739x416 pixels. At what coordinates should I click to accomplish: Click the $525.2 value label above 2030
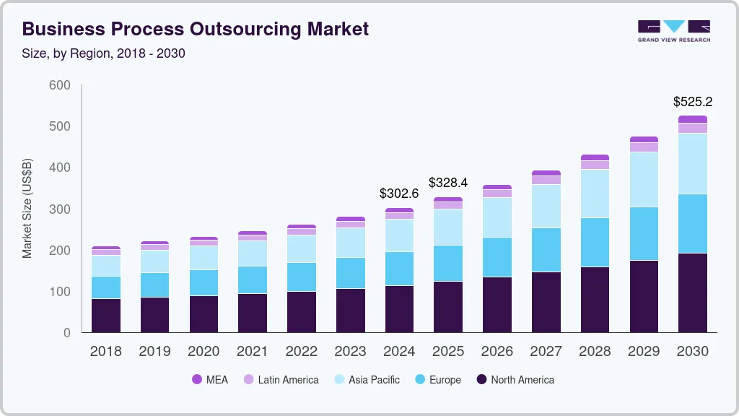coord(692,102)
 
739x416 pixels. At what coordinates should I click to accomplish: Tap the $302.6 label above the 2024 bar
coord(399,194)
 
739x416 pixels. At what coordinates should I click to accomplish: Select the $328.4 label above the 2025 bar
coord(448,183)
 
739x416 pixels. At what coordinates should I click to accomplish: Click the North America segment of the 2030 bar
coord(692,292)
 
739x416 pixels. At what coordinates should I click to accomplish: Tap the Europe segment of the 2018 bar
coord(106,287)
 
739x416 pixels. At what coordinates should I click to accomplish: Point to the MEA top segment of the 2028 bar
coord(595,157)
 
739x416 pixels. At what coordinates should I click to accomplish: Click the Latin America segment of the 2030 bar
coord(692,128)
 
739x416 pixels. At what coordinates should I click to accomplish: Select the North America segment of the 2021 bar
coord(253,313)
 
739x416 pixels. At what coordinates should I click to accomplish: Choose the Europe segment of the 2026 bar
coord(497,256)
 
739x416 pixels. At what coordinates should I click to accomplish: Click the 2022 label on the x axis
coord(301,352)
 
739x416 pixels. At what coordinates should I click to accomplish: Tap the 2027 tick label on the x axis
coord(546,352)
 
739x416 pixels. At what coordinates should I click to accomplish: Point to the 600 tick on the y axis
coord(60,85)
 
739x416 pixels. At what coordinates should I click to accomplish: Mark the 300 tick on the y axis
coord(60,209)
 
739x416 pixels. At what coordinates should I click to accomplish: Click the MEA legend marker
coord(197,379)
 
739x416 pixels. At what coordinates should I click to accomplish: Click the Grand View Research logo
coord(673,31)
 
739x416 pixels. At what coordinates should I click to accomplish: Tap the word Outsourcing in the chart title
coord(243,29)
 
